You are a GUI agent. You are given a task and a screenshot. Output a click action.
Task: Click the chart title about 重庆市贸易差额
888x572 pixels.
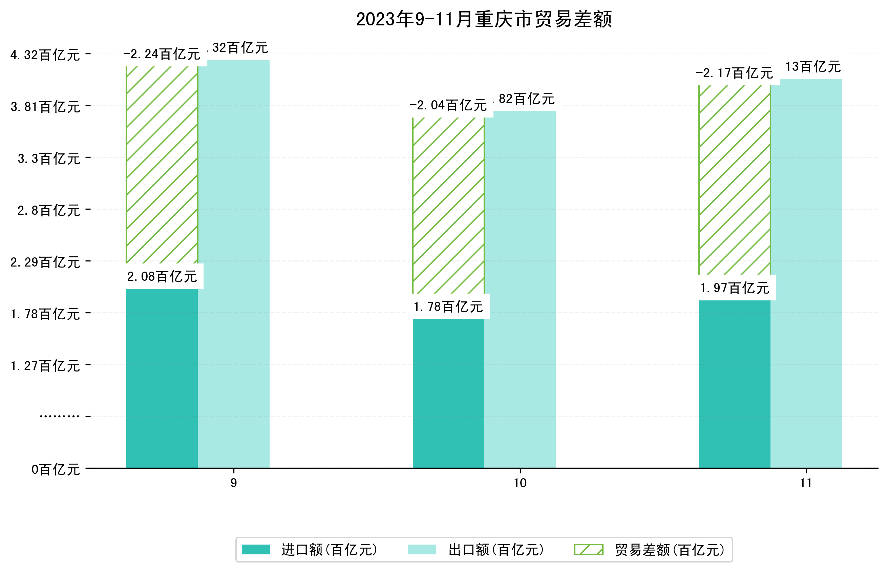pos(484,19)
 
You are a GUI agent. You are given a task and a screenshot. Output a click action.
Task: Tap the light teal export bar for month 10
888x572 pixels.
pos(520,290)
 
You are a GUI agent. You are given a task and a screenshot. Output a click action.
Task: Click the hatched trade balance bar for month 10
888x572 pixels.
pos(448,206)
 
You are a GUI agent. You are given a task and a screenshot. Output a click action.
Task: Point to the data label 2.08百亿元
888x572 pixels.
pos(162,277)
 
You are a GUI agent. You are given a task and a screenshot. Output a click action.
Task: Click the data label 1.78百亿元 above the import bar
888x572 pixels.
pos(448,307)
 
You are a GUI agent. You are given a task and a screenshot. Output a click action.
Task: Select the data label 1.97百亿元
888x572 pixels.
pos(734,288)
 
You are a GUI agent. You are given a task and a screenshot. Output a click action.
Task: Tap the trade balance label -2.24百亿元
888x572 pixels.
pos(162,55)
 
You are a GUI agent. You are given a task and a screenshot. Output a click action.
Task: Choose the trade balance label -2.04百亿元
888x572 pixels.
pos(448,105)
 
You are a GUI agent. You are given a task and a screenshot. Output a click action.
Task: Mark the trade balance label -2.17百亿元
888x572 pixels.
pos(734,73)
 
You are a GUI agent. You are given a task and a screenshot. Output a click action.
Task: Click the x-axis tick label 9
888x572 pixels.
pos(234,483)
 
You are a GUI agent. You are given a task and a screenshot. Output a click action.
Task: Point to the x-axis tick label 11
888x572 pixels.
pos(806,483)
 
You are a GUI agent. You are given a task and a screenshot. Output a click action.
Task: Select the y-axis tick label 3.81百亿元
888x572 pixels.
pos(45,107)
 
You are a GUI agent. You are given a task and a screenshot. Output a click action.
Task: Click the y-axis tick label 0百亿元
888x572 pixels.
pos(56,469)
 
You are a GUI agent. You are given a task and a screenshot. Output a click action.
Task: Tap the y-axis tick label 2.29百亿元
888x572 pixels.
pos(45,262)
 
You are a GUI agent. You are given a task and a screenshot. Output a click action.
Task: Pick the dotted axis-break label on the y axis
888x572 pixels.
pos(59,416)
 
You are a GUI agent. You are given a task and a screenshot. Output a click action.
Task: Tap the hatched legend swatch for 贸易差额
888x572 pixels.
pos(588,549)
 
